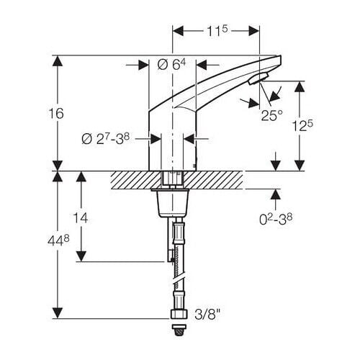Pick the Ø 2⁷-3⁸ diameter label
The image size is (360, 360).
114,138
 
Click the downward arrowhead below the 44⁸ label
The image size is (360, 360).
57,315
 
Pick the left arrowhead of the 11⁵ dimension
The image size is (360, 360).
177,31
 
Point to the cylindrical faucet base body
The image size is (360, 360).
172,148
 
